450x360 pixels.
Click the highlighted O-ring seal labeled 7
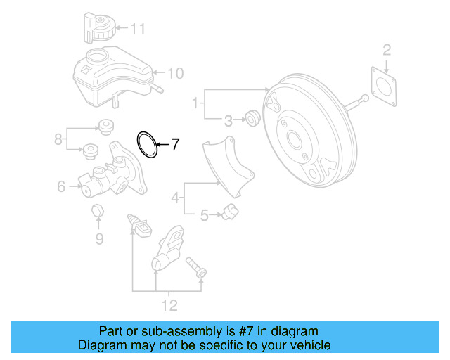tap(147, 144)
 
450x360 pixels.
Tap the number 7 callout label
tap(175, 145)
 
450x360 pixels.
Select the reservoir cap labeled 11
tap(97, 29)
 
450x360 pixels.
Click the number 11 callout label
tap(137, 29)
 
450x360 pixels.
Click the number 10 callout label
tap(175, 72)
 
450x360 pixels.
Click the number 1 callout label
tap(195, 104)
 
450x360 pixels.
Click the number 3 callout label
tap(229, 120)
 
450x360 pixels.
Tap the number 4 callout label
tap(175, 199)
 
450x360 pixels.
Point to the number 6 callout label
tap(61, 186)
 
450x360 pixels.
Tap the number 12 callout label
tap(169, 306)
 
